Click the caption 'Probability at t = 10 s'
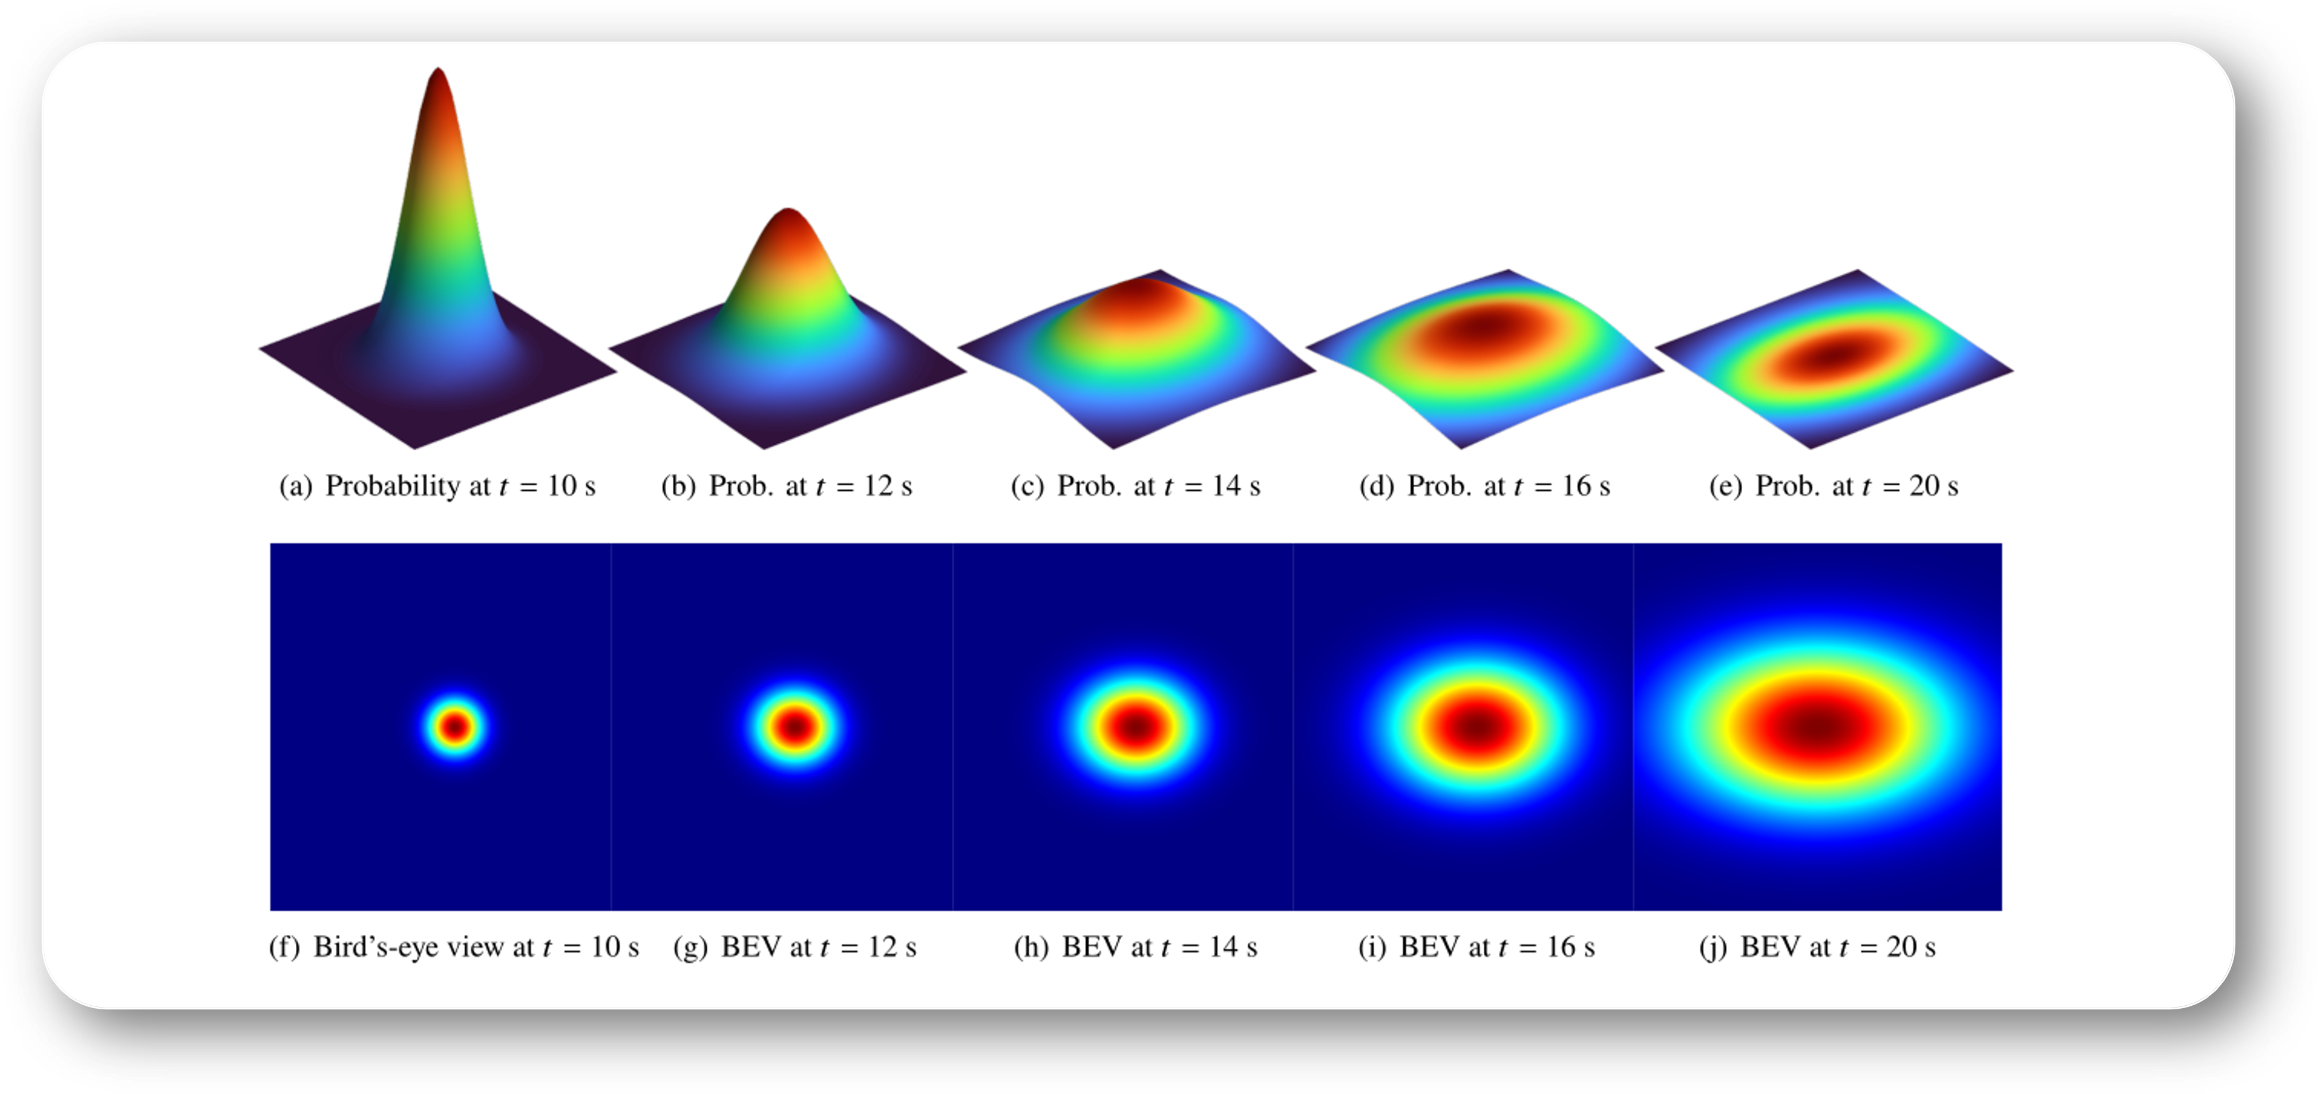click(x=438, y=486)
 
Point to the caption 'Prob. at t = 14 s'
click(x=1136, y=486)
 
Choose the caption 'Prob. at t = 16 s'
click(x=1485, y=486)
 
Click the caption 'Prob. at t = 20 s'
click(x=1834, y=486)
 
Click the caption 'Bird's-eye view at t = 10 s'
click(x=454, y=947)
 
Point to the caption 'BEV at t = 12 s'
click(x=795, y=947)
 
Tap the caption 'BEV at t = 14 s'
click(x=1136, y=947)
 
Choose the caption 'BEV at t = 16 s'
click(x=1477, y=947)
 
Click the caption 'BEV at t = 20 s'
click(x=1817, y=947)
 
